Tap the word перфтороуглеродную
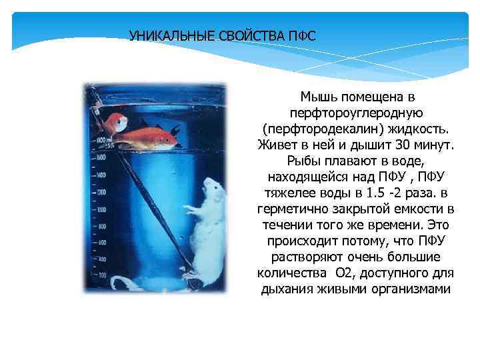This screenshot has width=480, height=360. pos(354,113)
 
